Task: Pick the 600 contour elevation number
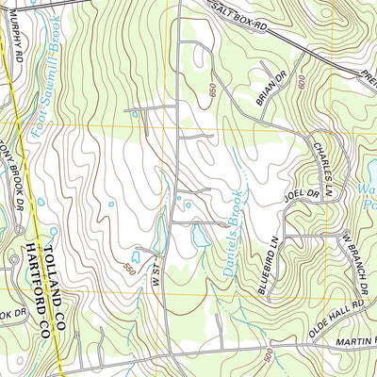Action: (x=301, y=84)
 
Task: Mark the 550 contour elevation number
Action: (x=128, y=270)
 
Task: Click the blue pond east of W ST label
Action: (x=200, y=236)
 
